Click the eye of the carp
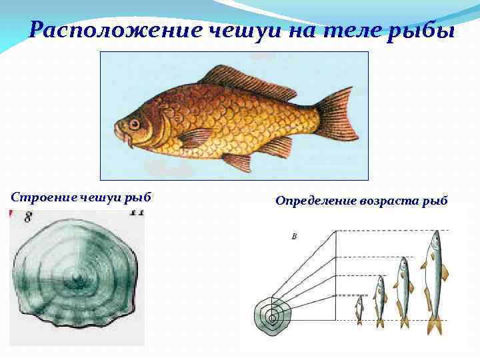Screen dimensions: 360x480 pos(135,123)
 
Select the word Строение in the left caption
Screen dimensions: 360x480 pos(43,197)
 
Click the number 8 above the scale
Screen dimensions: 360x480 pos(29,217)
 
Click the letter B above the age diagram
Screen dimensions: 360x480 pos(294,236)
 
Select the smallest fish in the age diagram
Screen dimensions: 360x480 pos(359,309)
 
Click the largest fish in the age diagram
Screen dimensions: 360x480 pos(434,280)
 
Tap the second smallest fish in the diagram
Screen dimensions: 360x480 pos(379,299)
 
